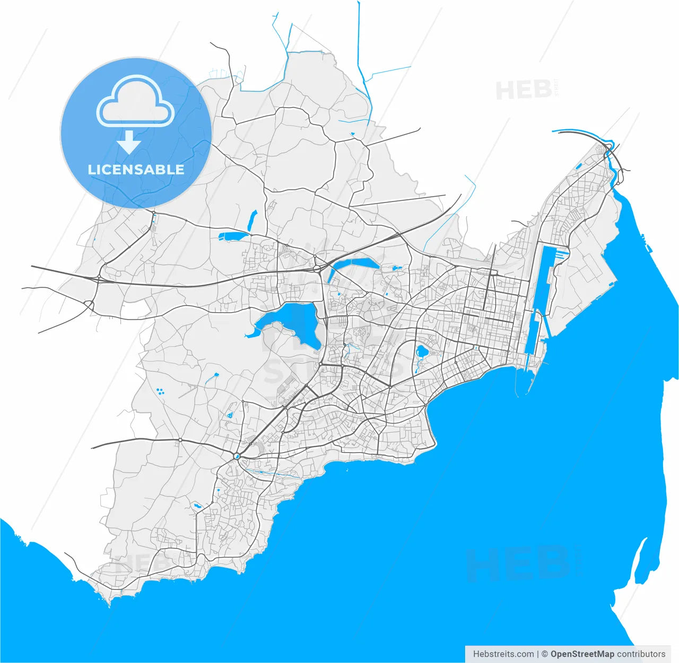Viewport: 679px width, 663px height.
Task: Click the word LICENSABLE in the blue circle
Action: pos(136,170)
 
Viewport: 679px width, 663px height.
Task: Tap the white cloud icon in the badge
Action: pos(136,102)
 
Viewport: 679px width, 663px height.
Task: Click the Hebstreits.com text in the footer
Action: pos(503,654)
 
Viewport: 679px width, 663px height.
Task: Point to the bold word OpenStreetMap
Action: pos(582,654)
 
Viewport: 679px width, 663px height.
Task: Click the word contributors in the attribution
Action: pos(641,654)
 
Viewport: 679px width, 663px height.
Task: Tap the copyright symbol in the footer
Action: pos(544,654)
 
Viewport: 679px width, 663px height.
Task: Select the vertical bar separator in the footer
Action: pos(538,654)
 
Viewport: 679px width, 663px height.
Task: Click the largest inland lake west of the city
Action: pos(289,322)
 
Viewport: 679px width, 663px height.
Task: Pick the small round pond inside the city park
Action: pos(423,351)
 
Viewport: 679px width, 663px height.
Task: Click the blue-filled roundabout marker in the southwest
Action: pos(237,456)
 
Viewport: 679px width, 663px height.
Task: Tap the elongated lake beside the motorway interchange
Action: pos(354,264)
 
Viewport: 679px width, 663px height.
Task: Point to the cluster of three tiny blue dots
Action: pos(160,392)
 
